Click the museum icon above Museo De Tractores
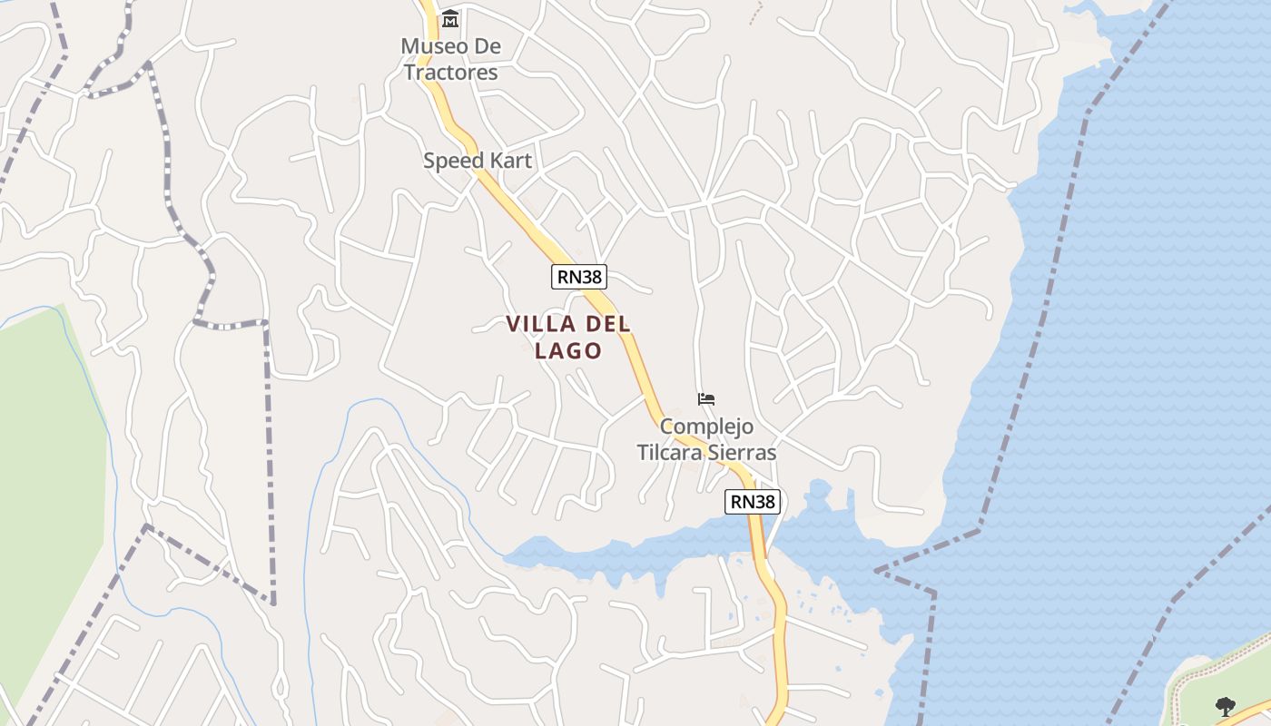coord(449,18)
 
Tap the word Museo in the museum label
coord(429,46)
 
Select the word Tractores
coord(451,73)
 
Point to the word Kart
coord(510,162)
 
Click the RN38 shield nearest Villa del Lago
coord(578,277)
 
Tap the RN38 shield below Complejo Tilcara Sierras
coord(753,501)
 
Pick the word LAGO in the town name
coord(569,350)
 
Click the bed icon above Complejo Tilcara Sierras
coord(706,398)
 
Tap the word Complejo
coord(706,427)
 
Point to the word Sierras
coord(744,452)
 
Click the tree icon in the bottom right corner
coord(1225,705)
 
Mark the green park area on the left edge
coord(45,454)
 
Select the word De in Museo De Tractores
coord(489,46)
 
